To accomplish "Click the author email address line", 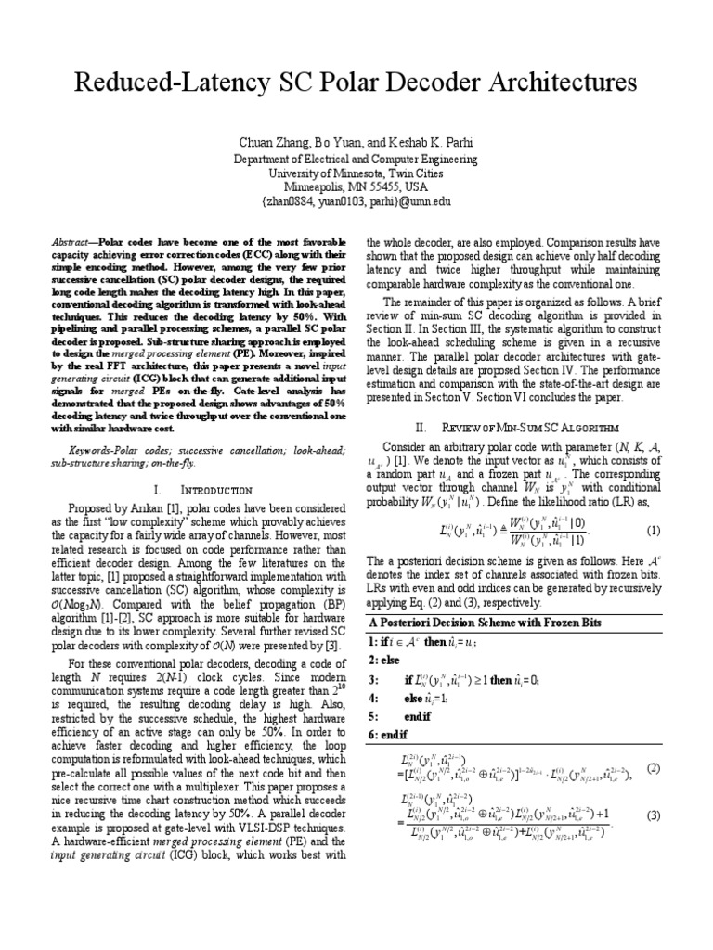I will pyautogui.click(x=356, y=199).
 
